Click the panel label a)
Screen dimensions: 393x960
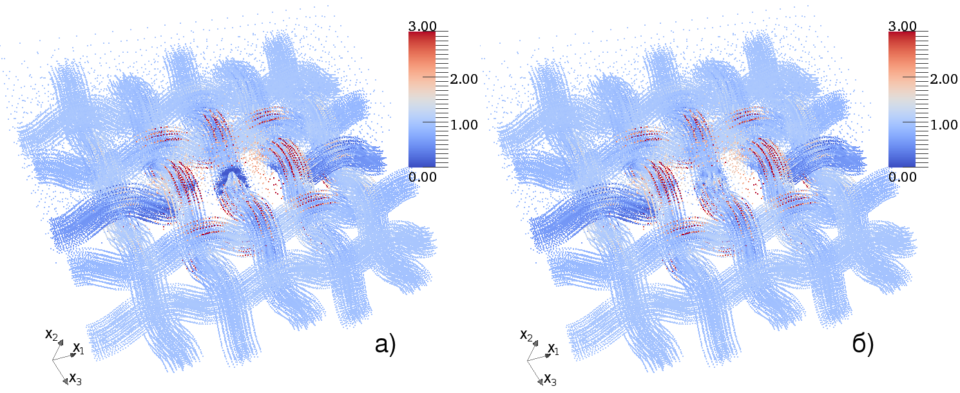[x=385, y=345]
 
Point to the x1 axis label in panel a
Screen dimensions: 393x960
[x=78, y=349]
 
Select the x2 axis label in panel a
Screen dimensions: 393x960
[x=52, y=334]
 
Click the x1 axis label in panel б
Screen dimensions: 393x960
[x=553, y=349]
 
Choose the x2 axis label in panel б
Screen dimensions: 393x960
[x=526, y=334]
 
